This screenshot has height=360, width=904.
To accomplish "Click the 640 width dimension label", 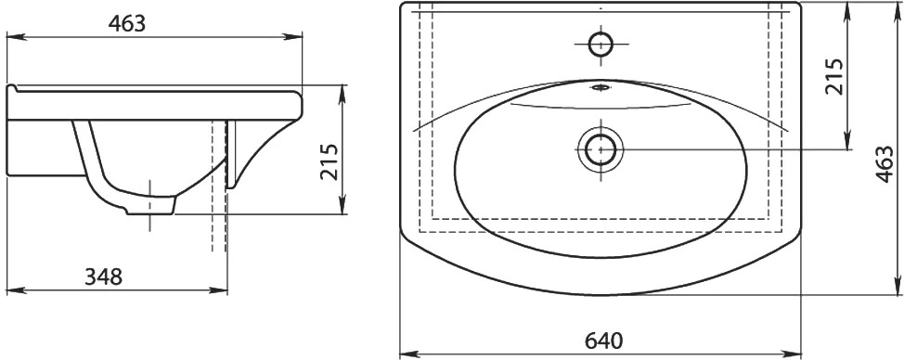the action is (x=603, y=341).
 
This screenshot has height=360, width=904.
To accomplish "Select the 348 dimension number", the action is (x=104, y=277).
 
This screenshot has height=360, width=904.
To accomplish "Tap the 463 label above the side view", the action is (x=127, y=23).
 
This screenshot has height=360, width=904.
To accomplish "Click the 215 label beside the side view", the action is (x=330, y=162).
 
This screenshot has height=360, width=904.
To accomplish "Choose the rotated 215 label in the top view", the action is (x=833, y=76).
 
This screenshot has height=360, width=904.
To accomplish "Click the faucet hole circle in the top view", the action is (x=601, y=44).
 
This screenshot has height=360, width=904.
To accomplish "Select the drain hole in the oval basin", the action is (x=601, y=149).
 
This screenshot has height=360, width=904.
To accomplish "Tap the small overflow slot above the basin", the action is (x=601, y=88).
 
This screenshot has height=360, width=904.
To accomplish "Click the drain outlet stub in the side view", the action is (x=150, y=206).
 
